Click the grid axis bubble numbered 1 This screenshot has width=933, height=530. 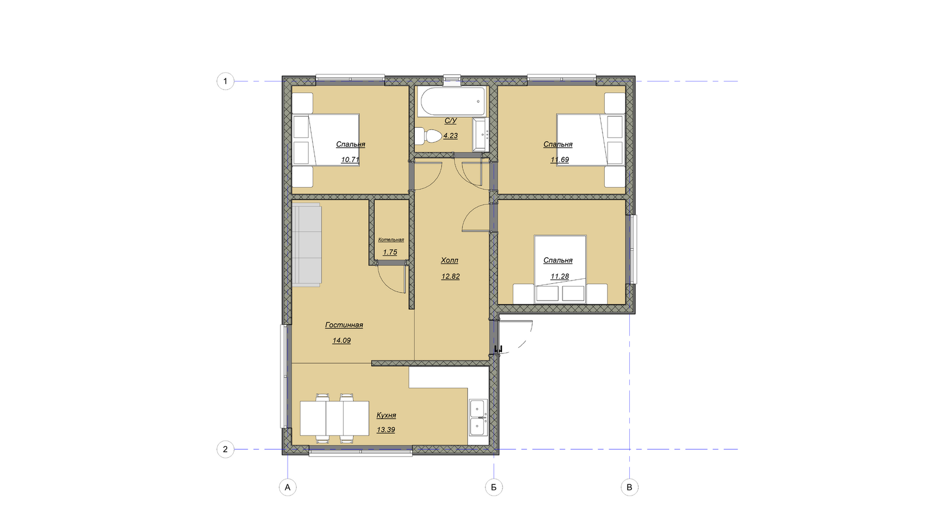point(225,81)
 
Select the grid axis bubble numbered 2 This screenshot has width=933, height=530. point(225,449)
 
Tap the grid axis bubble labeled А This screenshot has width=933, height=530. point(288,487)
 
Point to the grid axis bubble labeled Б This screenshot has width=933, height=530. point(494,487)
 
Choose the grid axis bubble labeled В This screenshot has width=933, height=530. point(629,487)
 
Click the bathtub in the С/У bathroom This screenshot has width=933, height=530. point(452,101)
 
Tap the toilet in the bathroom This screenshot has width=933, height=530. point(428,136)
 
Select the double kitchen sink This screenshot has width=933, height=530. point(478,418)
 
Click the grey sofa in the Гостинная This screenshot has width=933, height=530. point(307,244)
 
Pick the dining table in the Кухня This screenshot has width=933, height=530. point(334,418)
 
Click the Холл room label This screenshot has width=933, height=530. point(449,261)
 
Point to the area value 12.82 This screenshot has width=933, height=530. point(451,276)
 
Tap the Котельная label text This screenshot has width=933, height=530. point(391,239)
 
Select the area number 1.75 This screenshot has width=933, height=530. point(390,252)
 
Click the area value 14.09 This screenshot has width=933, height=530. point(342,341)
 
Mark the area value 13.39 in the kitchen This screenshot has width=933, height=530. point(385,429)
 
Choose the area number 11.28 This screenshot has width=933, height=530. point(560,276)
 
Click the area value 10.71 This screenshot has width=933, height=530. point(350,159)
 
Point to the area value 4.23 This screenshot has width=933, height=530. point(450,136)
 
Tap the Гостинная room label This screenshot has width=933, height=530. point(344,325)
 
